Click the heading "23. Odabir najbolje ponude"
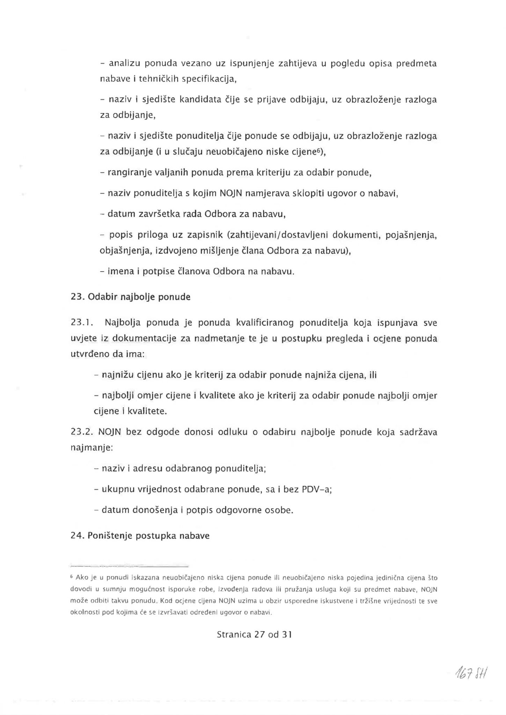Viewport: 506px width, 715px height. point(131,297)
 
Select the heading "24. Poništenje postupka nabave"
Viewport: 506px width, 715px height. point(140,536)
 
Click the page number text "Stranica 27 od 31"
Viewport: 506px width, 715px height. point(254,634)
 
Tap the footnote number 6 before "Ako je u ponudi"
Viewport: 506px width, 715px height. point(72,577)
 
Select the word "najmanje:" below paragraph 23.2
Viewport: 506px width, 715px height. point(91,447)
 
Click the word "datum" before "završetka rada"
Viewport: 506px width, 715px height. point(121,214)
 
